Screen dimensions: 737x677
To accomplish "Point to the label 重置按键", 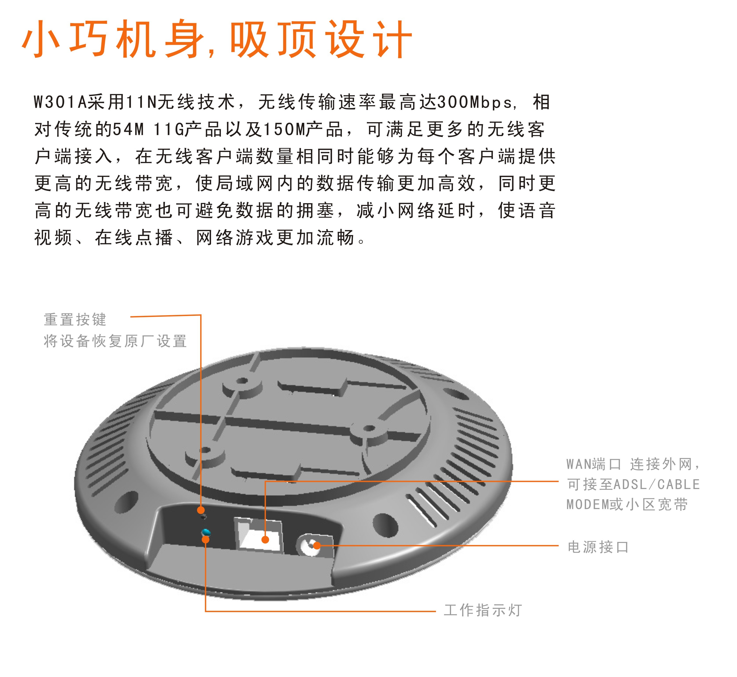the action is pos(75,319).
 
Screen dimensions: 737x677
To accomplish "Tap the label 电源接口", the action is pos(598,547).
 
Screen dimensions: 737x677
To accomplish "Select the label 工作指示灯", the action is pos(482,610).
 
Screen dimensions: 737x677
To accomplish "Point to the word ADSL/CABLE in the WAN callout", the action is pos(656,484).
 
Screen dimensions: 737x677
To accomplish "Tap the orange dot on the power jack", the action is pos(317,545).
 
